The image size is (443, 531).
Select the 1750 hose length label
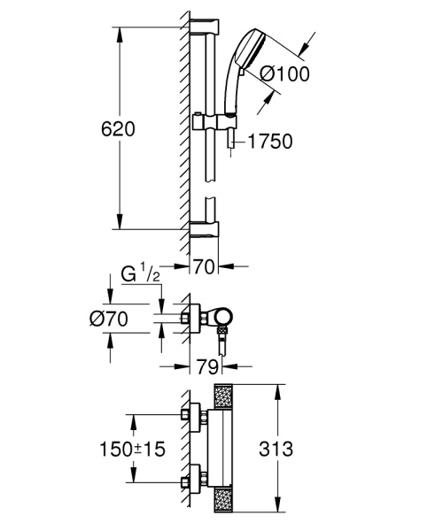pyautogui.click(x=270, y=140)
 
